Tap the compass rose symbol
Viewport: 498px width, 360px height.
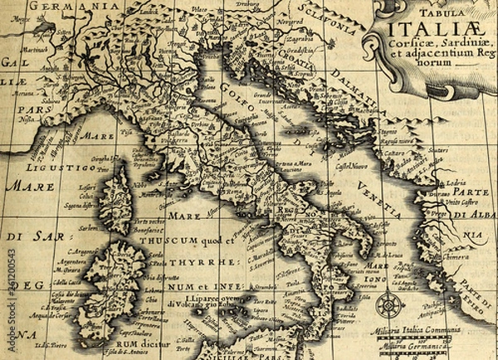point(390,305)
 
